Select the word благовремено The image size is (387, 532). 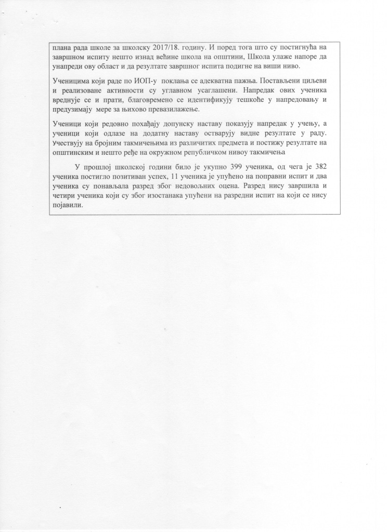point(138,102)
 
